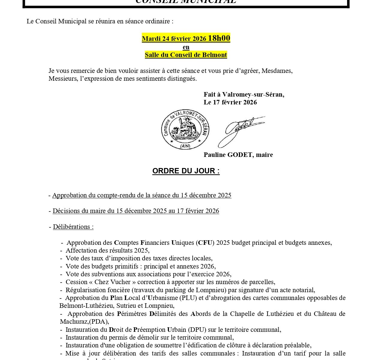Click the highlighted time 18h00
219,38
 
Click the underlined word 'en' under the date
186,47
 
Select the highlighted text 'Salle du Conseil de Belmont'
186,55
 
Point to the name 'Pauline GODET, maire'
238,155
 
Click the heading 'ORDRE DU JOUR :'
186,171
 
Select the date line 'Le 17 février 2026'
230,102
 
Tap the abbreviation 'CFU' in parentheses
205,243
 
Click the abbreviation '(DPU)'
197,330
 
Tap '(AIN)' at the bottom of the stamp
185,146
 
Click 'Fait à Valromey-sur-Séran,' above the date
244,94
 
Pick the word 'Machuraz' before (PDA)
74,322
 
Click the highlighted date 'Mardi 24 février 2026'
174,39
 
